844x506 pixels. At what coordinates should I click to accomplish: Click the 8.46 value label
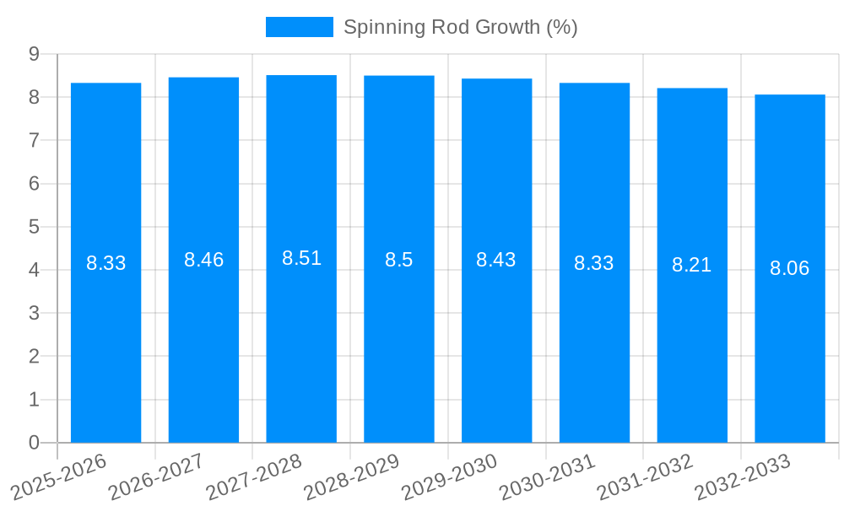(x=203, y=260)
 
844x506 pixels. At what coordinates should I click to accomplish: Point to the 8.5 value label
(x=398, y=260)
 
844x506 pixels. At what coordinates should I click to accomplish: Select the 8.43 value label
(x=496, y=260)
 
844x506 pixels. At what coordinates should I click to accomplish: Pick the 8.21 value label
(x=692, y=265)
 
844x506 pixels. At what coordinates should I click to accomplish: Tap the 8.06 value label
(x=789, y=268)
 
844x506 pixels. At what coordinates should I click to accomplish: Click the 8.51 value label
(x=301, y=258)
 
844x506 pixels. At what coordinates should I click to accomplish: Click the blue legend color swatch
(x=300, y=27)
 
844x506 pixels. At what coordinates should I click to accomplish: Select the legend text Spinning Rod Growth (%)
(x=460, y=27)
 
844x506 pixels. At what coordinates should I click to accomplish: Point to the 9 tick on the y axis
(x=34, y=54)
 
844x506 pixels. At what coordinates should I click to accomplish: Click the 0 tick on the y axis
(x=34, y=443)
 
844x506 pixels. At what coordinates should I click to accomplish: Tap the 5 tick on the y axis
(x=34, y=227)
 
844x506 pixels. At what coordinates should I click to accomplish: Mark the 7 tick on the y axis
(x=34, y=140)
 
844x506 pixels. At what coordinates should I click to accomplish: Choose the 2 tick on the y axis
(x=34, y=357)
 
